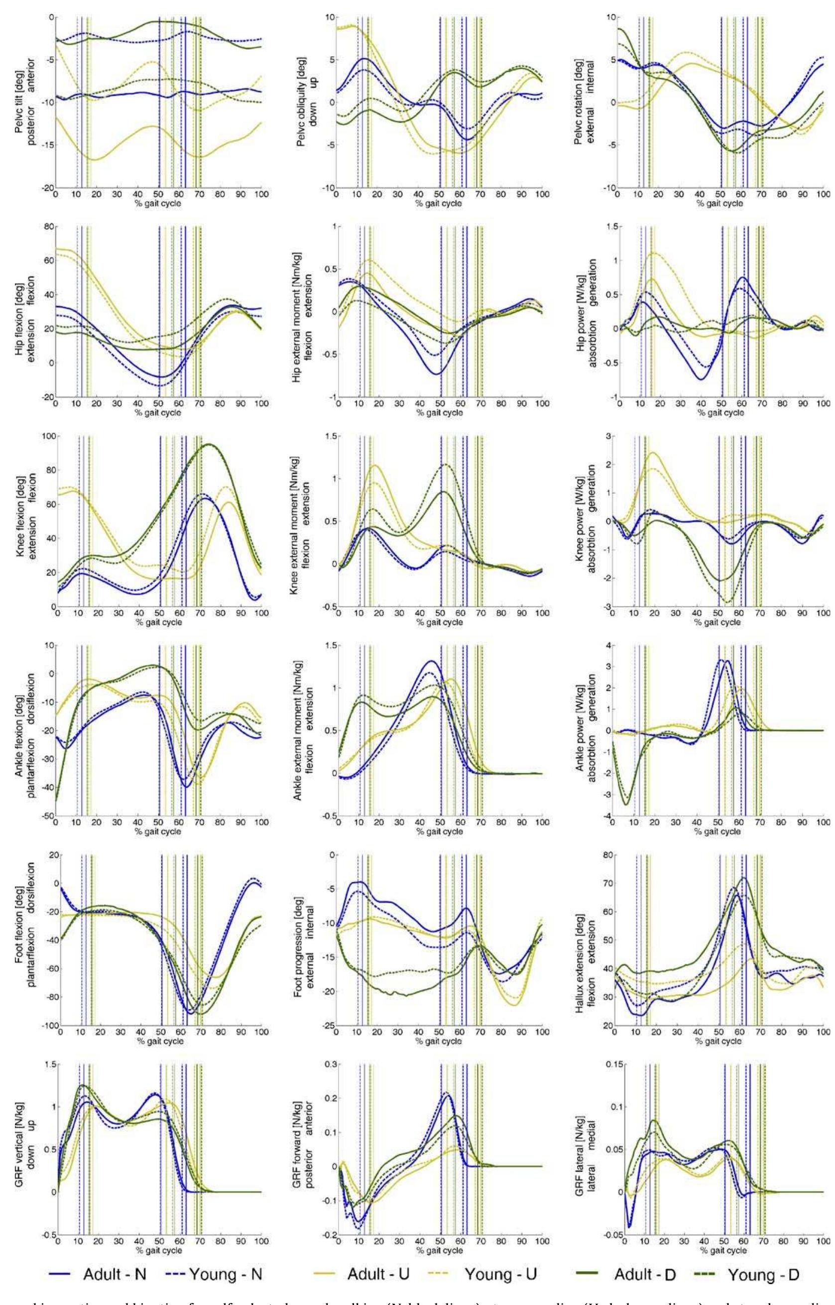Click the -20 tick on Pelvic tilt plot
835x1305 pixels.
tap(47, 188)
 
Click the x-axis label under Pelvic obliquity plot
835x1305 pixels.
tap(440, 203)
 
